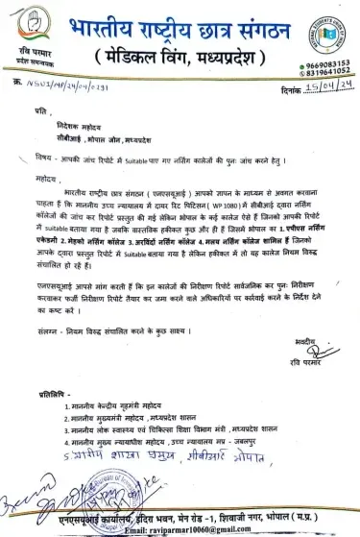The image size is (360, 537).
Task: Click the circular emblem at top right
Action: (x=323, y=21)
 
